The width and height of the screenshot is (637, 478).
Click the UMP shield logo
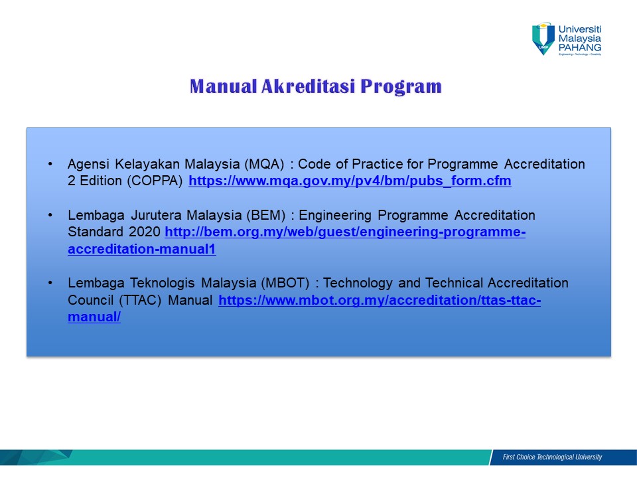pos(543,39)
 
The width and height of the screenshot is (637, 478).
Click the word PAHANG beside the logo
pos(580,48)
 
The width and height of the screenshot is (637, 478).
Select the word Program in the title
pos(401,87)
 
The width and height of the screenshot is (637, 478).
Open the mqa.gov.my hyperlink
pos(350,181)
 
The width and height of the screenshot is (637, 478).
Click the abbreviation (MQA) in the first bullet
pos(264,164)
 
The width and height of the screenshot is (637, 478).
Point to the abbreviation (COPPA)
pos(155,181)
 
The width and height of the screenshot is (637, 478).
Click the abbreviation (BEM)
pos(265,215)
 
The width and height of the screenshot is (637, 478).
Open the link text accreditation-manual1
pos(142,249)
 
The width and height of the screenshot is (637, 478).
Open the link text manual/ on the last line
pos(94,317)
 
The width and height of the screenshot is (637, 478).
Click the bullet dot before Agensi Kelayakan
pos(50,164)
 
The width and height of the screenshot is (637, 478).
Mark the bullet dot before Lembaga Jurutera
pos(50,215)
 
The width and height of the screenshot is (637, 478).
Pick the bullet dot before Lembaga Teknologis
pos(50,283)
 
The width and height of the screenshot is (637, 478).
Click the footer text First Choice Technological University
pos(552,457)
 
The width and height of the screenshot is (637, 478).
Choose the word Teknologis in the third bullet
pos(162,283)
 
